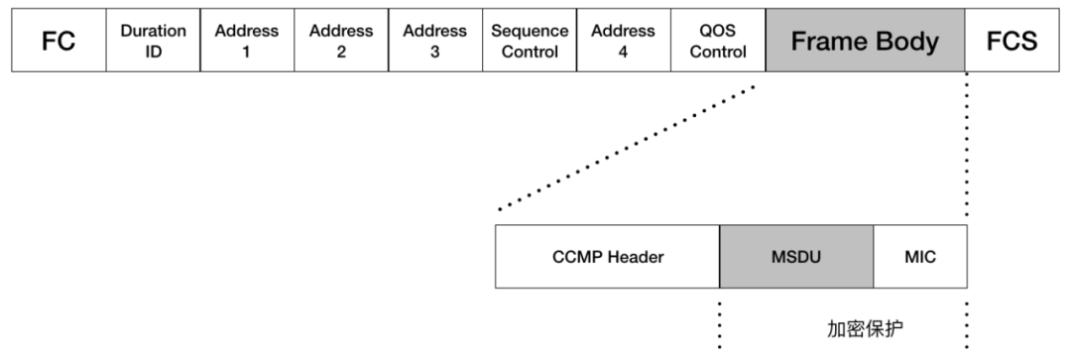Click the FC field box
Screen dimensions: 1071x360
pos(59,41)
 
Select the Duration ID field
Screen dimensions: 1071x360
pos(153,41)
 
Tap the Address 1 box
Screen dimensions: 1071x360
pos(247,41)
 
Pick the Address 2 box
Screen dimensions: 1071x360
pos(341,41)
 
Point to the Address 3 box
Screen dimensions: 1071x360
pos(435,41)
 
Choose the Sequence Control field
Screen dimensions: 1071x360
pos(530,41)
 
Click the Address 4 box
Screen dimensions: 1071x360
pos(624,41)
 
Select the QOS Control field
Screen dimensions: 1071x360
pos(718,41)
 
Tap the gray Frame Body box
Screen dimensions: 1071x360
pos(866,41)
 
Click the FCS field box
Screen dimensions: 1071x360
pos(1012,41)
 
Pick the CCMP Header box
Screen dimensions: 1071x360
pos(607,256)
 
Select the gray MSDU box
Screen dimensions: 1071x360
pos(796,256)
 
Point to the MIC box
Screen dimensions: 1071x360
pos(920,256)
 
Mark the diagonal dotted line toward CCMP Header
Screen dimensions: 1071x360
pos(627,148)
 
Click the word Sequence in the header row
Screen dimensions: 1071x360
pos(530,31)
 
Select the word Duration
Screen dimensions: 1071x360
pos(153,31)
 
